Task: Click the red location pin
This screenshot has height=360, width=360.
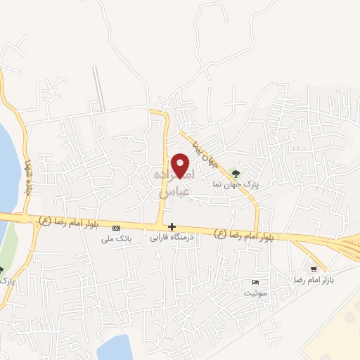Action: pyautogui.click(x=181, y=166)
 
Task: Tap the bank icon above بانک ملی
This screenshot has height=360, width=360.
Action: pyautogui.click(x=116, y=227)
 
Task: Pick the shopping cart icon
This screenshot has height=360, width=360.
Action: pyautogui.click(x=314, y=269)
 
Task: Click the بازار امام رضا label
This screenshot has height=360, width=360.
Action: pyautogui.click(x=319, y=280)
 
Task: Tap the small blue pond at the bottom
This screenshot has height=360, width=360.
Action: pyautogui.click(x=116, y=348)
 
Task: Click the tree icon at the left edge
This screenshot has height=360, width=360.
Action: pyautogui.click(x=1, y=269)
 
